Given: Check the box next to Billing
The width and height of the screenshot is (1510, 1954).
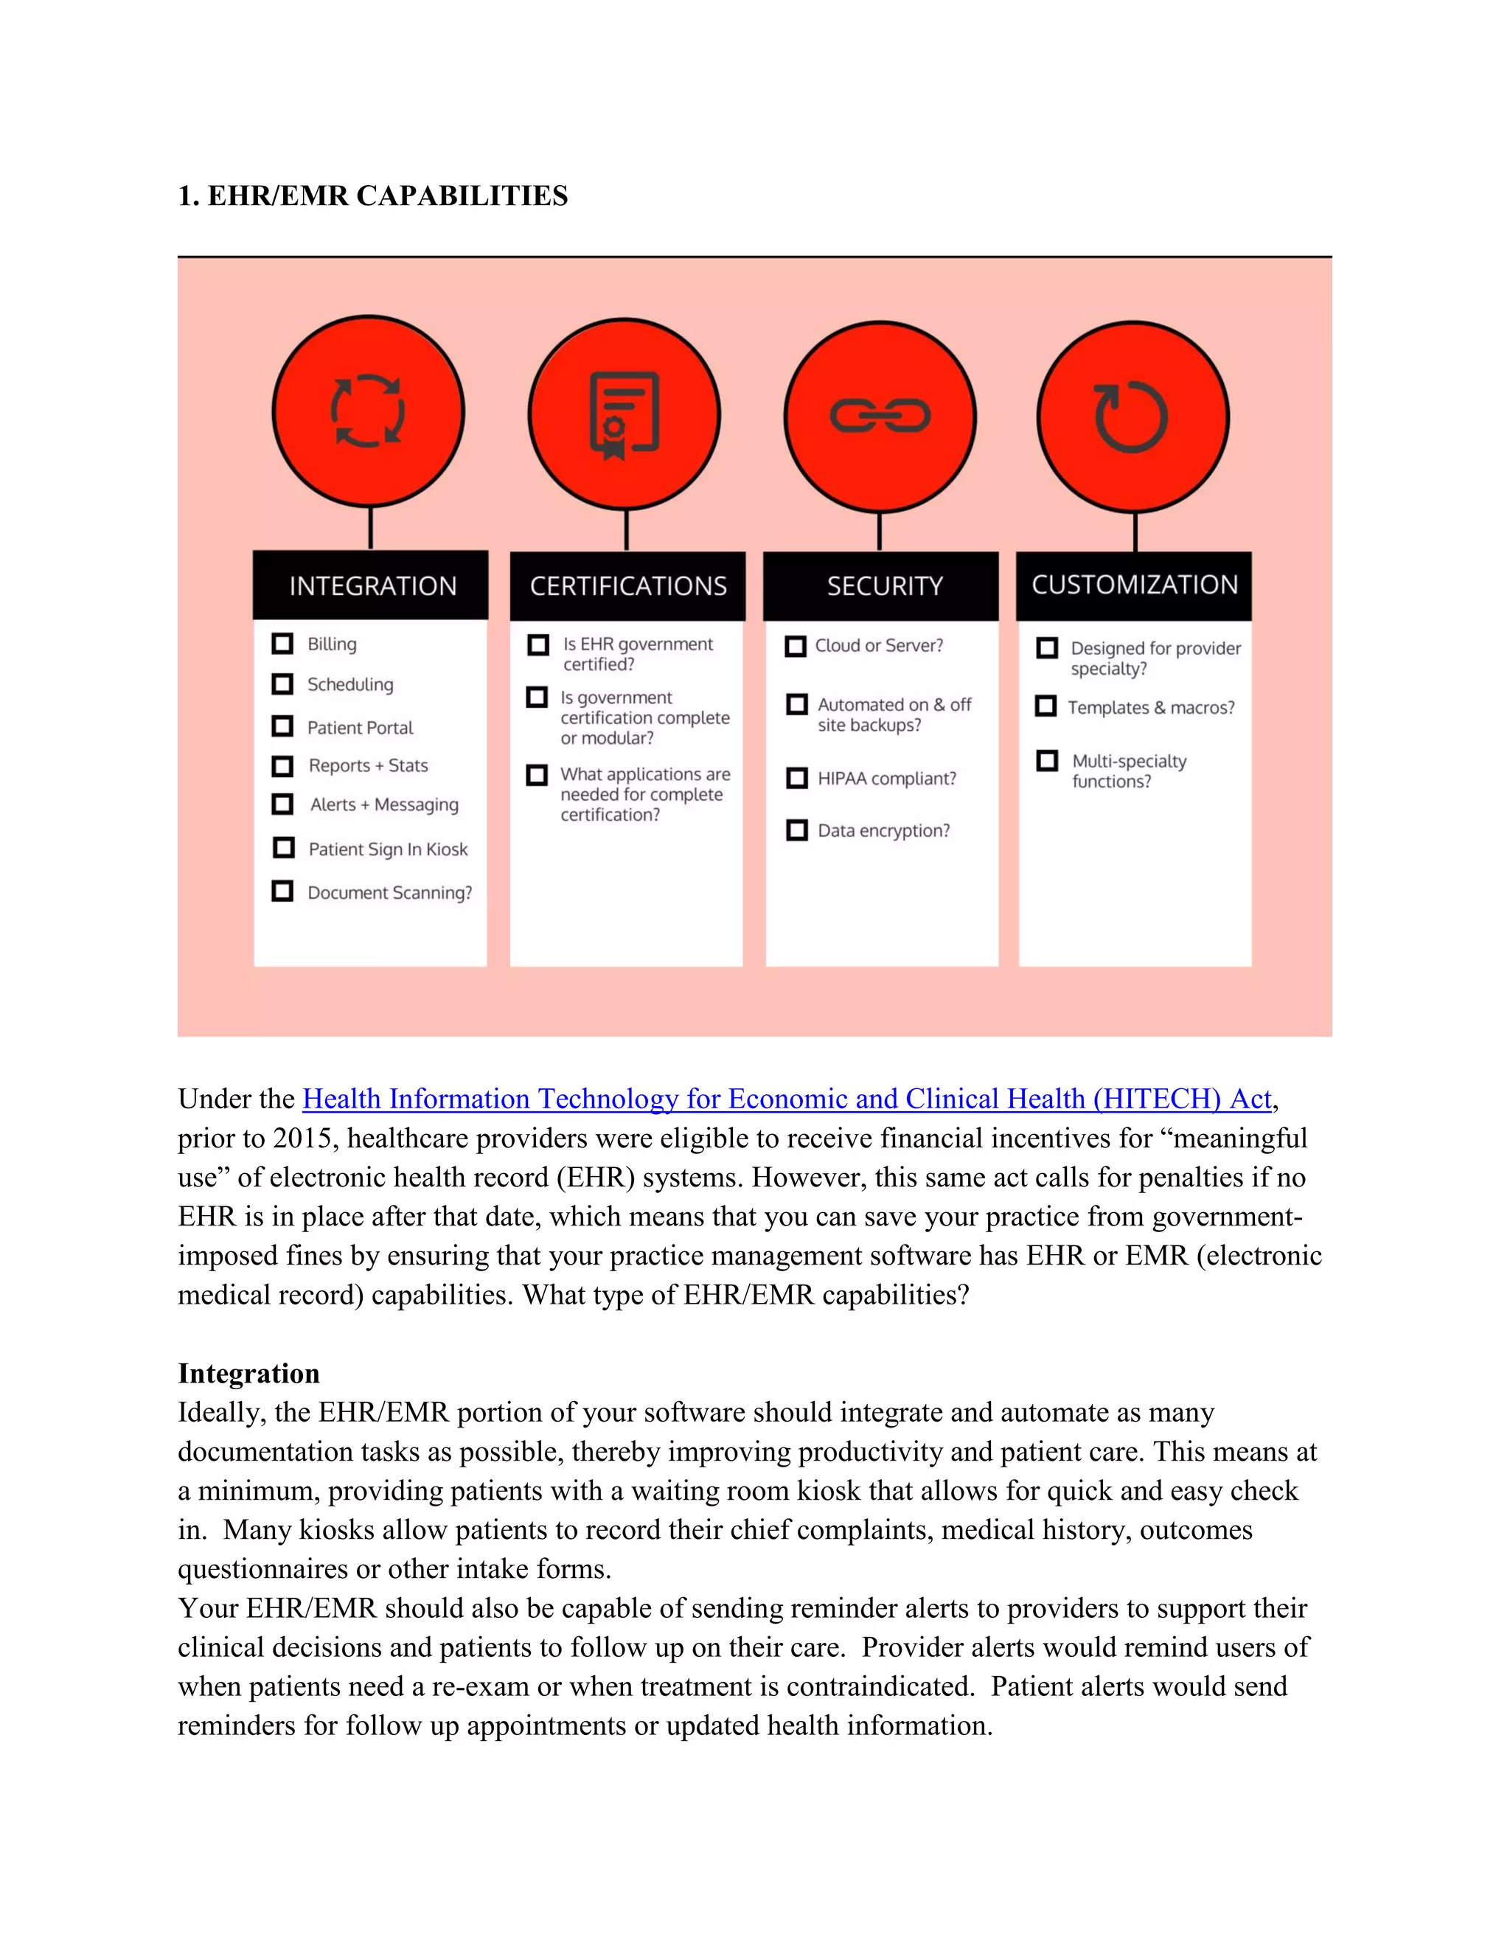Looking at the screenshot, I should point(282,643).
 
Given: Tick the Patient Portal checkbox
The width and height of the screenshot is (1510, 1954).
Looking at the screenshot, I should point(282,726).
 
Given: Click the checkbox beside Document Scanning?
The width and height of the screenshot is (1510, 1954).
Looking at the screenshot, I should point(282,891).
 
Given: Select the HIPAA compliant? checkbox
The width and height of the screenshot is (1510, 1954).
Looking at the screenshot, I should point(796,777).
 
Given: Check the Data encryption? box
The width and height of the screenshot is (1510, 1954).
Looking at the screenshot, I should point(796,830).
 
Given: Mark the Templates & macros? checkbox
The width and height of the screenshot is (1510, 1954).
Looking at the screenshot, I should point(1045,706).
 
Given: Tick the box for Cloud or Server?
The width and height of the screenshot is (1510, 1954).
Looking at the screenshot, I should point(796,646).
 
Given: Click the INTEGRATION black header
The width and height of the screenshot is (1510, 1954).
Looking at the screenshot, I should point(372,586).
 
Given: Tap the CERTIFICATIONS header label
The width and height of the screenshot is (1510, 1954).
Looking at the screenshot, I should point(628,586).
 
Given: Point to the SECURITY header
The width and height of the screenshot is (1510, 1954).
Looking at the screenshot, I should point(884,586).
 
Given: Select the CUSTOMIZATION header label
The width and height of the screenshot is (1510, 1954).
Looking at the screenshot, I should point(1134,585).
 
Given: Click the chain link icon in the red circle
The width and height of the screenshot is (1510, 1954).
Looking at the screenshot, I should point(880,416).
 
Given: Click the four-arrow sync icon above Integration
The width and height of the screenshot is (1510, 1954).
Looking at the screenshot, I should point(368,411).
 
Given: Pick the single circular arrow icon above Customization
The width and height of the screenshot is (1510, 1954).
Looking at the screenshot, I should point(1132,416).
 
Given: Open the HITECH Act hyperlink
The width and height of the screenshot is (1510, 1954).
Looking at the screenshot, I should point(786,1099).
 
